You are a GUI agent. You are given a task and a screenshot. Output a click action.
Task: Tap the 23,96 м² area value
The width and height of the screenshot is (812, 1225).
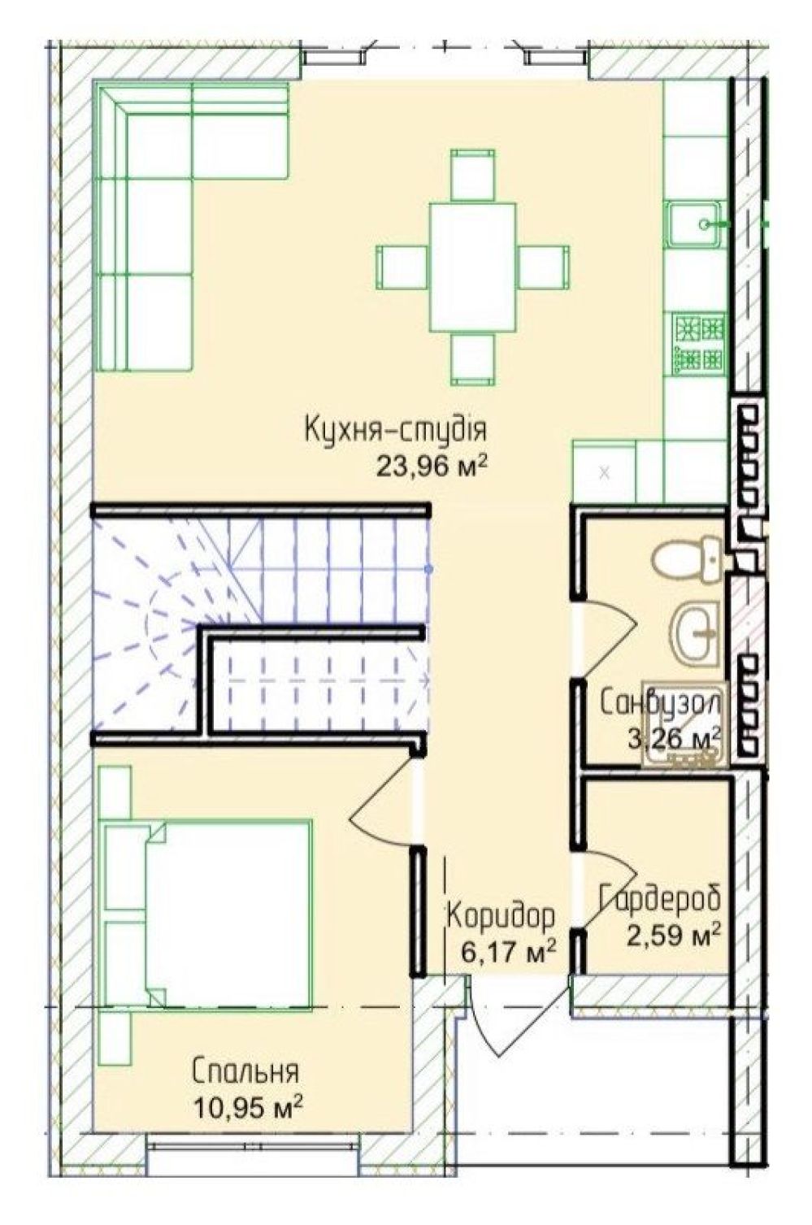430,466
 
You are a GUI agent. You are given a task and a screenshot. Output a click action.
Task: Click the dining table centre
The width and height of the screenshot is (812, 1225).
472,267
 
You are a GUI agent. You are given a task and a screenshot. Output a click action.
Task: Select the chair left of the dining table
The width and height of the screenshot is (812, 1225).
402,267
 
